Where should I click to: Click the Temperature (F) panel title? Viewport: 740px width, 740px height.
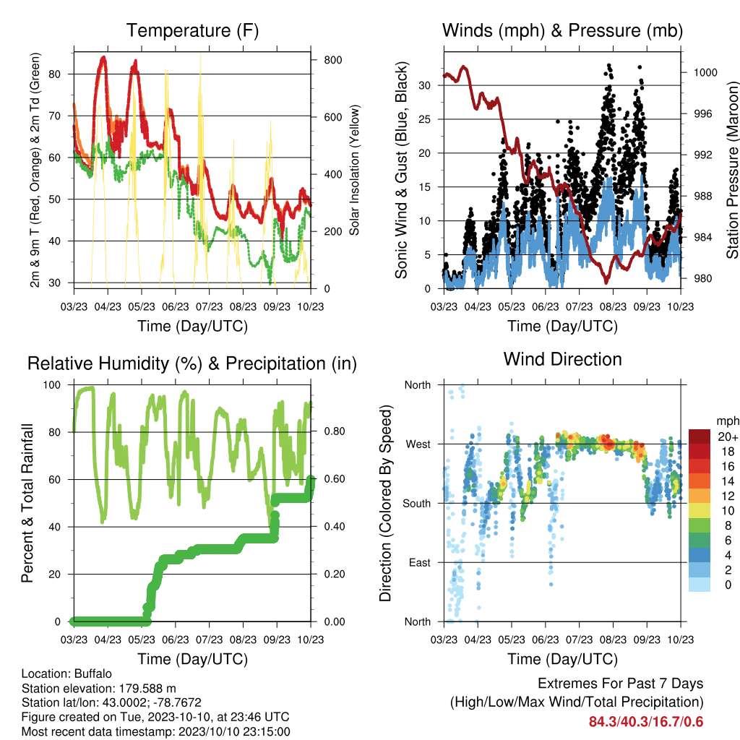(192, 30)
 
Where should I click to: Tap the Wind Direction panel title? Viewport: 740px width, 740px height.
(562, 359)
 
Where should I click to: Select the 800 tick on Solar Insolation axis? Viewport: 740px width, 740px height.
(332, 60)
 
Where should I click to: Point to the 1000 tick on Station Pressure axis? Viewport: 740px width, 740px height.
(705, 72)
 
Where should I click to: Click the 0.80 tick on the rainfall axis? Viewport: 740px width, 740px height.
(335, 431)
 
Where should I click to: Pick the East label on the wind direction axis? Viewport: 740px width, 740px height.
(420, 562)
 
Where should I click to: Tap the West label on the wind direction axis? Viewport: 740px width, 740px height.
(418, 444)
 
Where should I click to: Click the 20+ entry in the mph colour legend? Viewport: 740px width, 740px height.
(728, 436)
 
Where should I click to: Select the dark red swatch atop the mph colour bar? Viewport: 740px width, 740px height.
(700, 436)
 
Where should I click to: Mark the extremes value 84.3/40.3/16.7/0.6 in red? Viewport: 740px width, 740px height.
(646, 722)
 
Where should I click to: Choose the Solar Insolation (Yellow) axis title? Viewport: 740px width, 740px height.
(354, 170)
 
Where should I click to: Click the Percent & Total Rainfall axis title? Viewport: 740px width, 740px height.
(27, 503)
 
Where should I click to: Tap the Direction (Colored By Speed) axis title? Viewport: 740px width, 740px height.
(385, 503)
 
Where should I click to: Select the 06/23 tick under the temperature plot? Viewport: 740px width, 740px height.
(176, 306)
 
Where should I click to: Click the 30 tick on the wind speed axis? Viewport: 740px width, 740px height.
(425, 85)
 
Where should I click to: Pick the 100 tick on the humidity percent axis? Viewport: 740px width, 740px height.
(52, 385)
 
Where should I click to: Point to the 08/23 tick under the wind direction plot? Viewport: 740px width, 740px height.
(613, 640)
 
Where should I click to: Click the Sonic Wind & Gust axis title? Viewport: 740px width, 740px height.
(401, 170)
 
